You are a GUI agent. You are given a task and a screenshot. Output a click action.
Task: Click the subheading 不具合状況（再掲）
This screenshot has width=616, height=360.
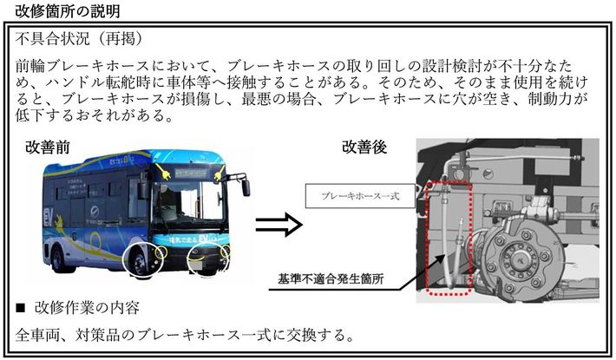click(x=79, y=40)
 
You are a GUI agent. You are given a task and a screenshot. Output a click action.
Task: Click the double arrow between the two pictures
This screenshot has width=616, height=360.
click(x=278, y=224)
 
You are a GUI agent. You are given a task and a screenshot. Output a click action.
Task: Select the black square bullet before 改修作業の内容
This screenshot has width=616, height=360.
click(x=20, y=308)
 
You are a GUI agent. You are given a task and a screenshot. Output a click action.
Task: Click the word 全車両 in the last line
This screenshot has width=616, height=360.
click(x=37, y=334)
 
